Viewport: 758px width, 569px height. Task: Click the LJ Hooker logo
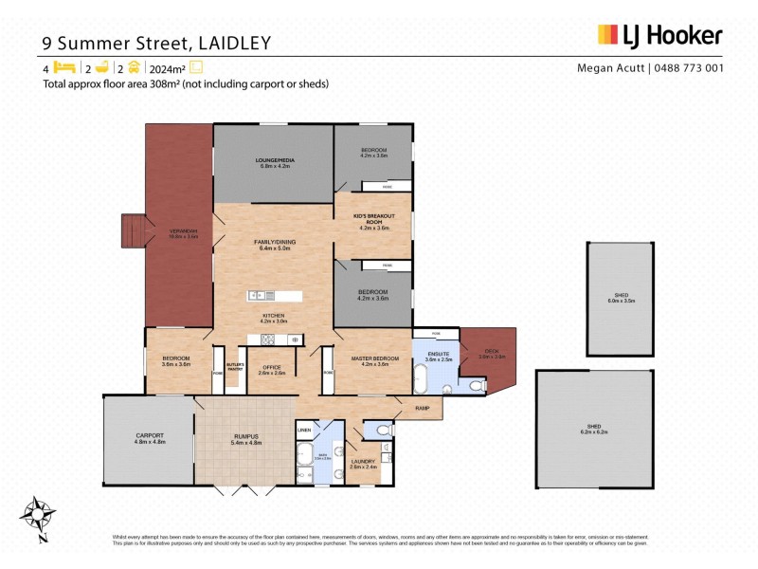tap(659, 37)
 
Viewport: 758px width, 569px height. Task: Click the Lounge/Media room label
tap(275, 161)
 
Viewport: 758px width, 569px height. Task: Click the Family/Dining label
tap(275, 243)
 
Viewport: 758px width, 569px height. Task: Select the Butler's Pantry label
tap(236, 368)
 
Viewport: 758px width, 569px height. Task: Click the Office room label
tap(272, 369)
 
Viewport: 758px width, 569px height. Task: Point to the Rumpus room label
tap(246, 437)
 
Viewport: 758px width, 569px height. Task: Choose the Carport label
tap(150, 437)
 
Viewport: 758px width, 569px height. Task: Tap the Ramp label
tap(423, 408)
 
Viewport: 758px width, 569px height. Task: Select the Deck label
tap(485, 355)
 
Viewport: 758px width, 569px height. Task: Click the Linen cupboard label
tap(304, 431)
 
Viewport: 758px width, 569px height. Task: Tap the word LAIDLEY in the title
tap(234, 43)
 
